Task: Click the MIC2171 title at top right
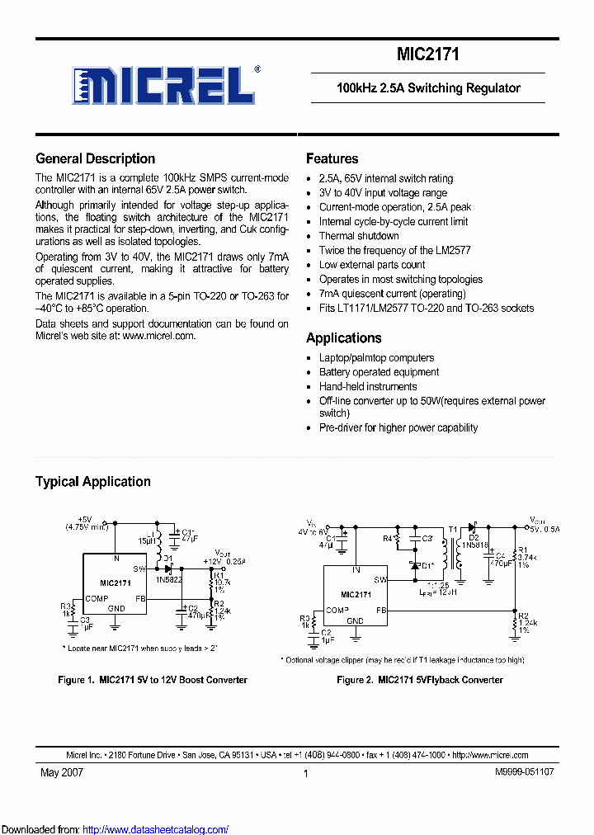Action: tap(428, 54)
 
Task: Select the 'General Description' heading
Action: tap(95, 159)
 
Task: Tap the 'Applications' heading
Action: tap(343, 338)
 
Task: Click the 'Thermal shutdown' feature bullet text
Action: tap(359, 236)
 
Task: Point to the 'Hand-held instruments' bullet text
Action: tap(368, 386)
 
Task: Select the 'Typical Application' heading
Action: tap(92, 482)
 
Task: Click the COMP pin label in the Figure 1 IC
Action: tap(97, 598)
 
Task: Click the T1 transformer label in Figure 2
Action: tap(451, 531)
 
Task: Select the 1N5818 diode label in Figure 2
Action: tap(474, 545)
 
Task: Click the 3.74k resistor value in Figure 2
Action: tap(527, 558)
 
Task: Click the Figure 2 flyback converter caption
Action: tap(419, 680)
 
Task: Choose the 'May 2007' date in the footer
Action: tap(62, 773)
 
